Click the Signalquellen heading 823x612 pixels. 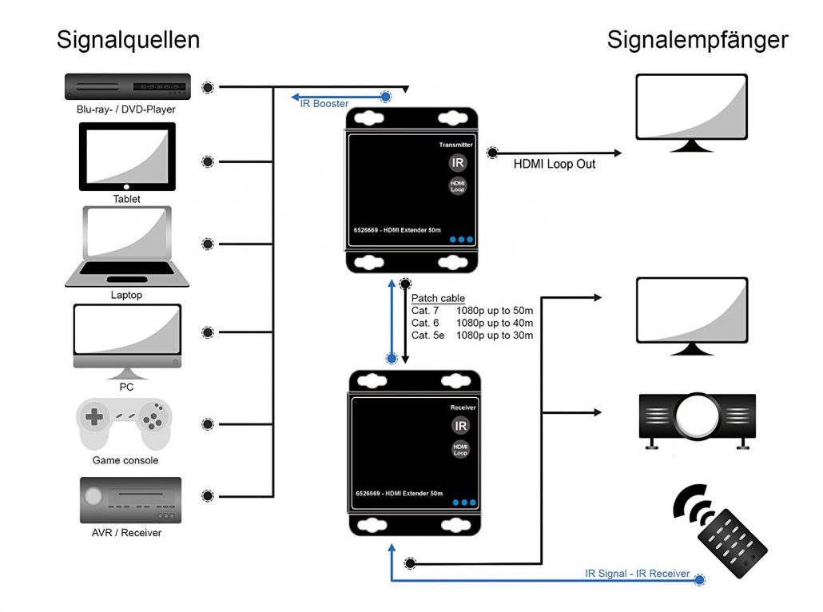click(128, 40)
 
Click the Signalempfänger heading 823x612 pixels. click(697, 40)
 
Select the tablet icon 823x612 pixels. click(127, 157)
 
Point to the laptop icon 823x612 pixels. click(126, 247)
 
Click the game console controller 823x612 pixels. click(124, 425)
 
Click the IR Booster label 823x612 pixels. click(324, 104)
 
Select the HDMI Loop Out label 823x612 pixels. click(554, 165)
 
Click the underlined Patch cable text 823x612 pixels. click(438, 298)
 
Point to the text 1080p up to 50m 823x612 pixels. click(495, 310)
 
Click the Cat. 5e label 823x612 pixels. click(427, 335)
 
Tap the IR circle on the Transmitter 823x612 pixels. click(457, 163)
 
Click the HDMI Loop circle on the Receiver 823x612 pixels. click(460, 449)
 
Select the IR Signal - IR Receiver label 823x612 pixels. click(637, 574)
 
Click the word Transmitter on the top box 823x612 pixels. click(456, 145)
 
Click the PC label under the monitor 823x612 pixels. click(126, 387)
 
